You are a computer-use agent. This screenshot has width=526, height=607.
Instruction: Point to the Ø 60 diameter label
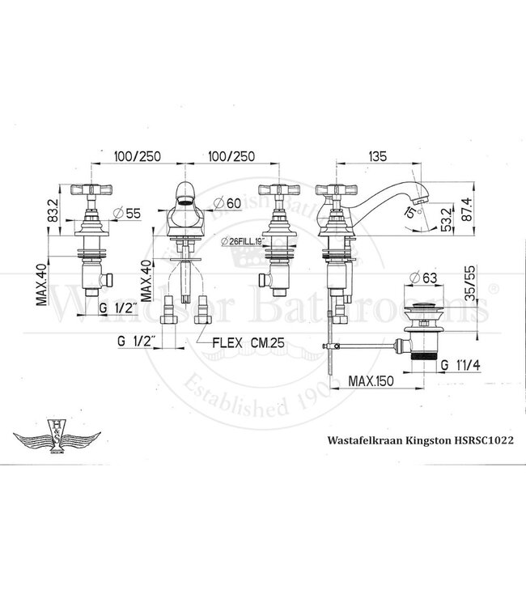227,203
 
